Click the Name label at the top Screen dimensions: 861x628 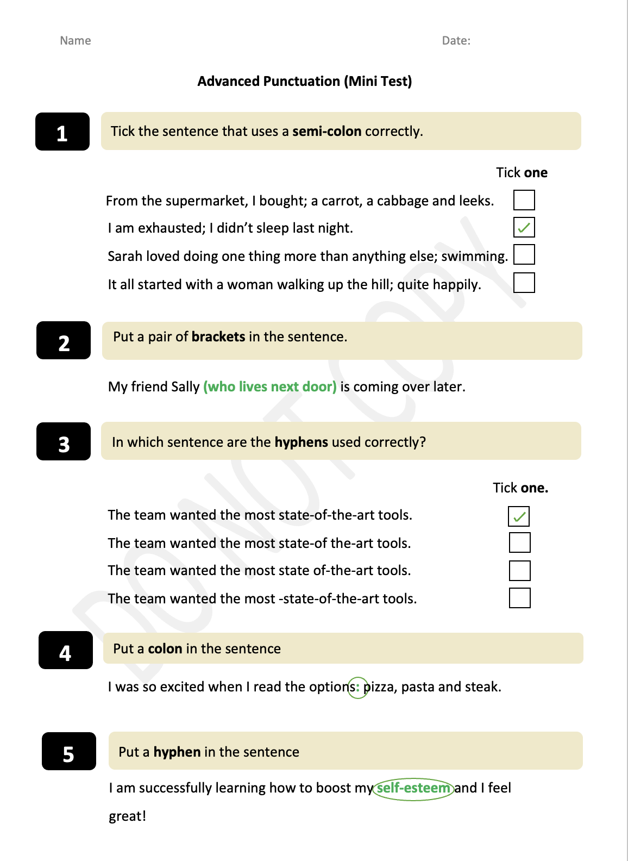[75, 41]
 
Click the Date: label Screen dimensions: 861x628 [456, 41]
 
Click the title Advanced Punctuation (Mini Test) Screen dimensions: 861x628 [304, 82]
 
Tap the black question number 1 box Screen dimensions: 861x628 [62, 132]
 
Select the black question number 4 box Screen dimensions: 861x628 [66, 651]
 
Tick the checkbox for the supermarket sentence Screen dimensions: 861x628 [524, 200]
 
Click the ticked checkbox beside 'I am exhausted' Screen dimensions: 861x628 [524, 227]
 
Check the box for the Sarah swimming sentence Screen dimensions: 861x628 [524, 254]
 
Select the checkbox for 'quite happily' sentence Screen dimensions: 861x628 [524, 283]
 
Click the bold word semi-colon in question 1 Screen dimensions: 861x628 [326, 132]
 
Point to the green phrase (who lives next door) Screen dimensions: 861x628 [270, 387]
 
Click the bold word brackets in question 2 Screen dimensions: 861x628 [218, 337]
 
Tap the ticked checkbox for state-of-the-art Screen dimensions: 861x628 [519, 516]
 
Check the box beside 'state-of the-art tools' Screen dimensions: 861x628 [519, 542]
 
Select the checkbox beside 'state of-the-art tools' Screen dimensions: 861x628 [519, 571]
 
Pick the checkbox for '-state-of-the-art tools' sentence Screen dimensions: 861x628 [519, 598]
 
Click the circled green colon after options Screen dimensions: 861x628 [357, 688]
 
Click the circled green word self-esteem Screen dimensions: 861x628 [413, 788]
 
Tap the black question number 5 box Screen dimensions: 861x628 [69, 752]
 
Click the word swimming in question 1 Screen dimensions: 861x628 [474, 257]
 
